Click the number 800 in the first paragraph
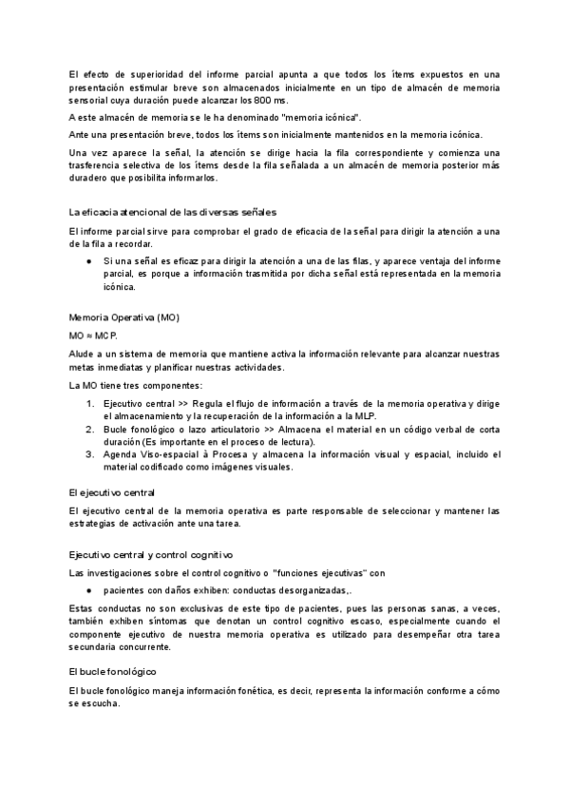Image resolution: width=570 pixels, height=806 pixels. [266, 101]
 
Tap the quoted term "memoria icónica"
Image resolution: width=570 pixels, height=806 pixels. [320, 118]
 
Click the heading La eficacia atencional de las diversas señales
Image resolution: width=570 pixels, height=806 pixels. [173, 211]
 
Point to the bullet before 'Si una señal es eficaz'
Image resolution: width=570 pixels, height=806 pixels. [88, 259]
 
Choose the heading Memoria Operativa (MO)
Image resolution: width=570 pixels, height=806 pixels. [123, 317]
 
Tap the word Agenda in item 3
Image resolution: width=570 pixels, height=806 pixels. [119, 454]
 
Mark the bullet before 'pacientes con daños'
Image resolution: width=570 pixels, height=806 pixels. [88, 590]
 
